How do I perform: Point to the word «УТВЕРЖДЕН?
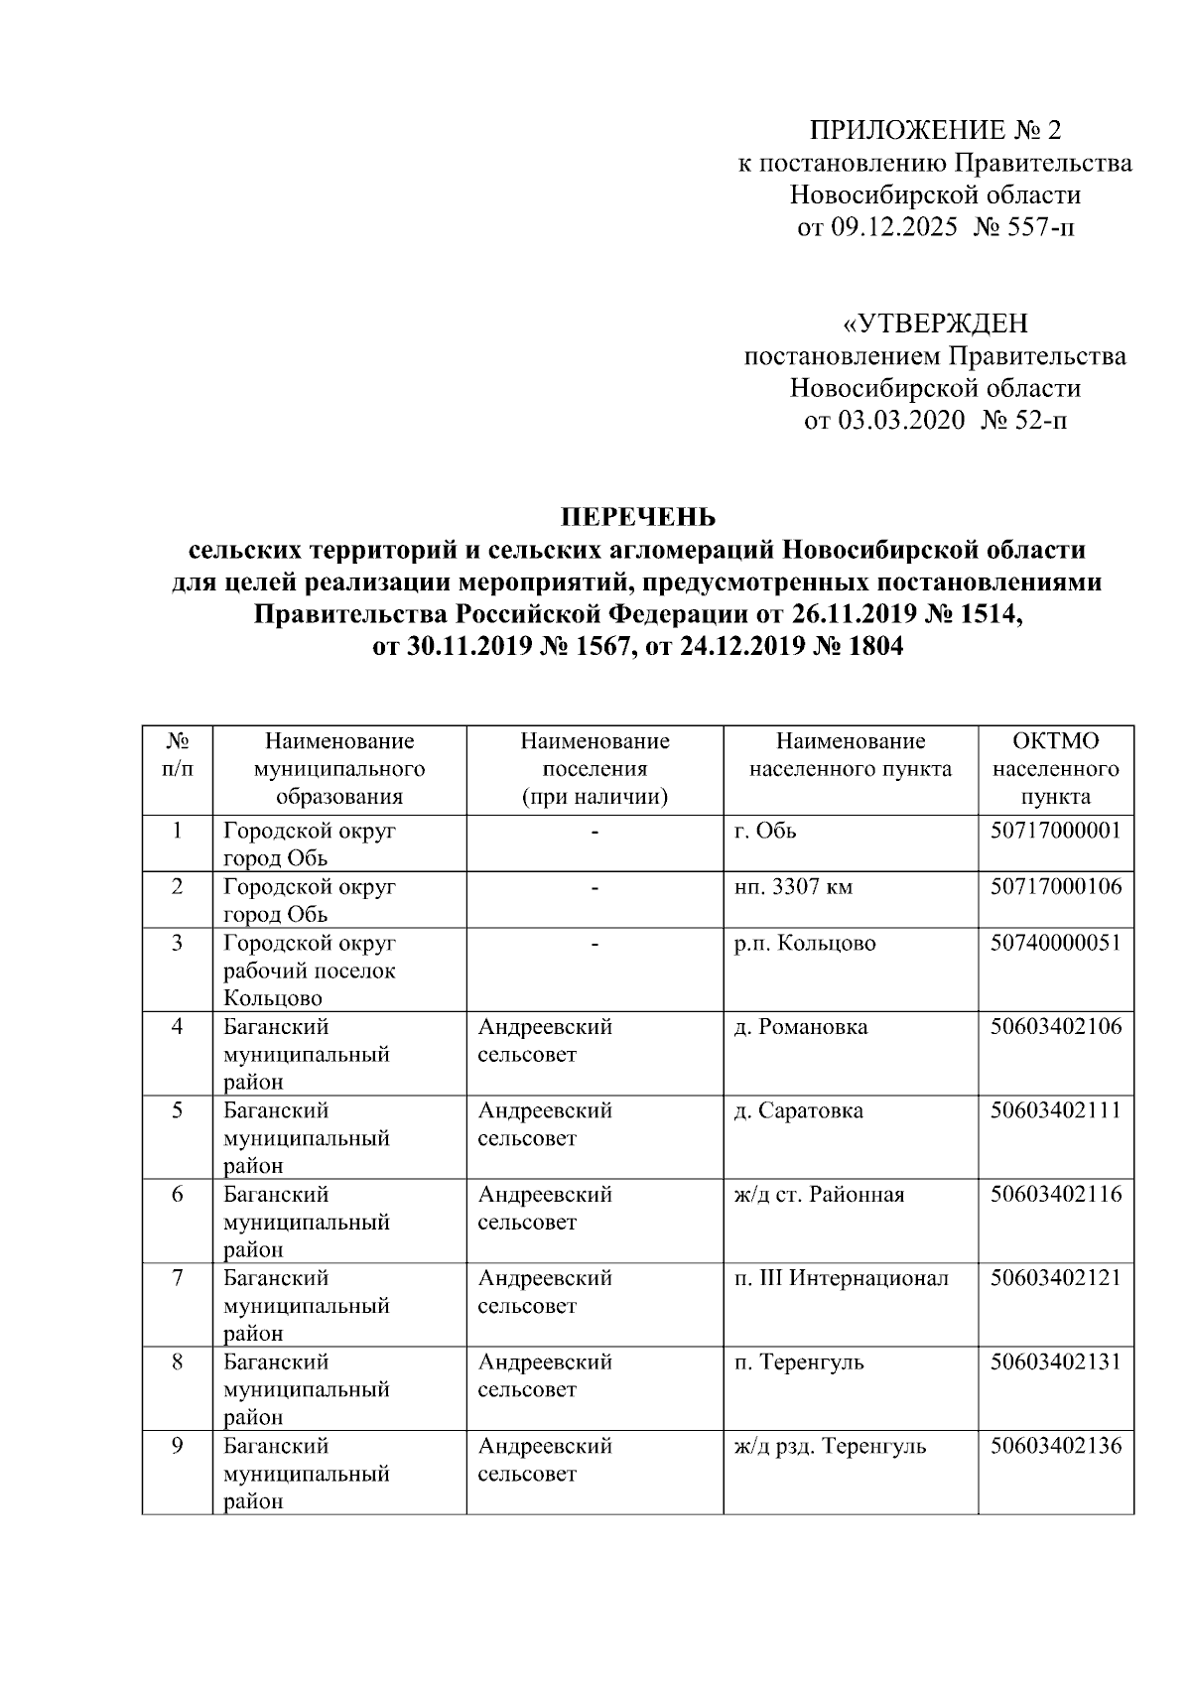pos(935,324)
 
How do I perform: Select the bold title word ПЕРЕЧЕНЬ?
pos(637,517)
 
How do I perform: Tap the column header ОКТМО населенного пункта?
pos(1056,768)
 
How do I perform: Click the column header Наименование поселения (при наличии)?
pos(595,768)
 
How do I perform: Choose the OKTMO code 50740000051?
pos(1056,943)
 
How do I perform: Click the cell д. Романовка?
pos(800,1027)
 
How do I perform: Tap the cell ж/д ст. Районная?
pos(819,1194)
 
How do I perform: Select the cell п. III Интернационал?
pos(841,1278)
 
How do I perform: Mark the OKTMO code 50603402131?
pos(1056,1361)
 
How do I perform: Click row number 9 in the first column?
pos(177,1446)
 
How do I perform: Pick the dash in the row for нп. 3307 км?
pos(595,888)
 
